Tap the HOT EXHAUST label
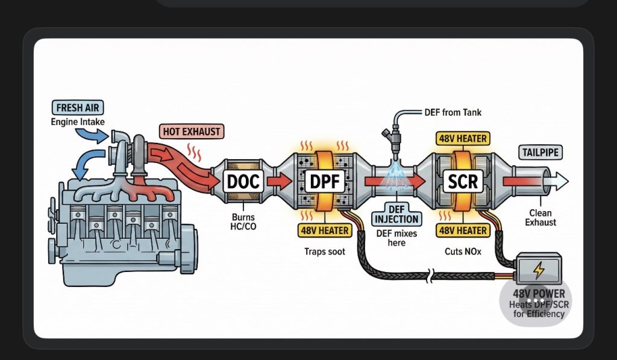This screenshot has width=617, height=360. click(x=192, y=131)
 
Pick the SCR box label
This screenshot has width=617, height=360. click(x=463, y=180)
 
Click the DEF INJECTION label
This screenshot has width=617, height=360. click(x=396, y=217)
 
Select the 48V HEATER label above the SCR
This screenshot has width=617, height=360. click(x=463, y=139)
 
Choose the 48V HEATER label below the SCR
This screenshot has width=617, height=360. click(x=463, y=230)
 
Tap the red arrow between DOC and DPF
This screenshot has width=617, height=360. click(x=279, y=180)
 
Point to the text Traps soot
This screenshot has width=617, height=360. click(x=325, y=251)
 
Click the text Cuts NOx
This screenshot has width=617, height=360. click(x=463, y=251)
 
